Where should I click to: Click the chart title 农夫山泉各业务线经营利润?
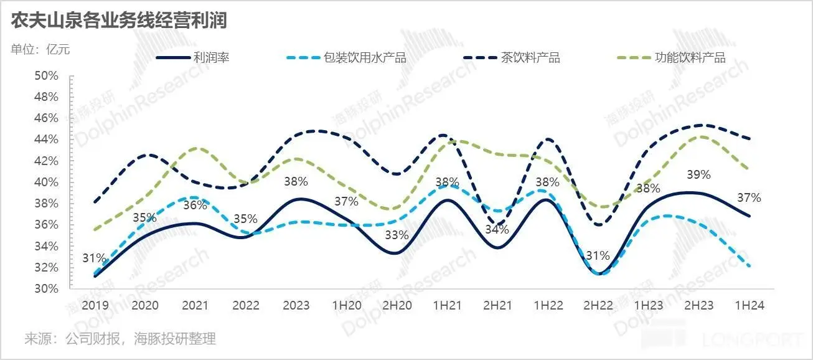point(118,21)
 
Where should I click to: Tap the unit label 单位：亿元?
point(40,50)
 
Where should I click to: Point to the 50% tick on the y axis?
point(46,76)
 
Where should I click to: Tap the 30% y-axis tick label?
point(46,289)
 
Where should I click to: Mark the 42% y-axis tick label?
point(46,161)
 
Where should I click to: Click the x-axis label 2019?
point(95,306)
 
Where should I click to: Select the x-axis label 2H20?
point(397,306)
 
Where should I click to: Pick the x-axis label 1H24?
point(749,306)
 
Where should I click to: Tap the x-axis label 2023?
point(296,306)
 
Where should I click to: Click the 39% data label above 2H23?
point(698,175)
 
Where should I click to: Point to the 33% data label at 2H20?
point(397,235)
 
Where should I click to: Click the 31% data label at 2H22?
point(598,256)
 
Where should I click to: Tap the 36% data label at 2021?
point(195,205)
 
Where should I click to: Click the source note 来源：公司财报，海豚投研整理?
point(120,339)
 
